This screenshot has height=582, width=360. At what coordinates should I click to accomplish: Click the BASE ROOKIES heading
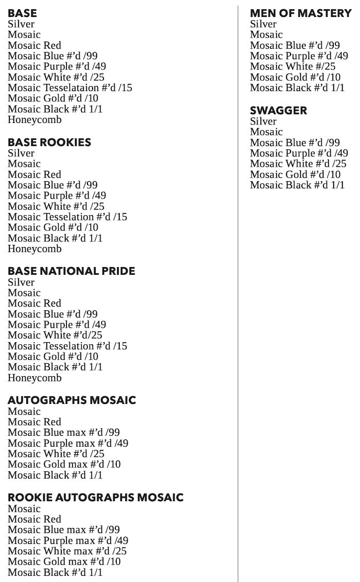[x=49, y=143]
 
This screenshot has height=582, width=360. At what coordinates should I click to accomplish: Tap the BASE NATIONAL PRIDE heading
[x=71, y=271]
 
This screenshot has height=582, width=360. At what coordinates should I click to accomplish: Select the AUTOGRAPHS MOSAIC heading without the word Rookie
[x=72, y=400]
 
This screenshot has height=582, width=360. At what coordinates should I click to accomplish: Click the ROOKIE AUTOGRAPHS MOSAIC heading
[x=96, y=498]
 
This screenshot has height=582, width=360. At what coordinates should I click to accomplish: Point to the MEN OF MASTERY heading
[x=300, y=13]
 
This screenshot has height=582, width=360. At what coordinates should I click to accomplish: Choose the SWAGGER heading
[x=278, y=111]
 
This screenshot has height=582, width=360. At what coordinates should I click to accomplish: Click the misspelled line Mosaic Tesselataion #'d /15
[x=70, y=88]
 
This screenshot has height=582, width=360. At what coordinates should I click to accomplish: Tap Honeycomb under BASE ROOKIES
[x=34, y=249]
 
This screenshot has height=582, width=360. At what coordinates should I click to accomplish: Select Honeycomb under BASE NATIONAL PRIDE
[x=34, y=378]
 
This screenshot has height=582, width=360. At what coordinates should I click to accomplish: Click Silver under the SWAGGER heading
[x=263, y=121]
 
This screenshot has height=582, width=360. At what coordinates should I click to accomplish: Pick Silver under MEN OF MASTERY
[x=263, y=24]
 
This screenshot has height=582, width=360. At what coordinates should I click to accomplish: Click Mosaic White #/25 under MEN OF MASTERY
[x=293, y=66]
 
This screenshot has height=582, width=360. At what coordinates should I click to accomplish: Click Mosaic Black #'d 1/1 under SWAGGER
[x=297, y=185]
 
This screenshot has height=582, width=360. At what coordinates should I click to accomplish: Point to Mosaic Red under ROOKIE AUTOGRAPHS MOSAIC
[x=34, y=519]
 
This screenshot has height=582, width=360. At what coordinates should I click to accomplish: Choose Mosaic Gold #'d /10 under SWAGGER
[x=295, y=174]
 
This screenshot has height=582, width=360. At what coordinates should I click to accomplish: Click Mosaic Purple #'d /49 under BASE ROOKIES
[x=57, y=196]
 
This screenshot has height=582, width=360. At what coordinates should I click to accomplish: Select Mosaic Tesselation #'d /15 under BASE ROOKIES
[x=67, y=217]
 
